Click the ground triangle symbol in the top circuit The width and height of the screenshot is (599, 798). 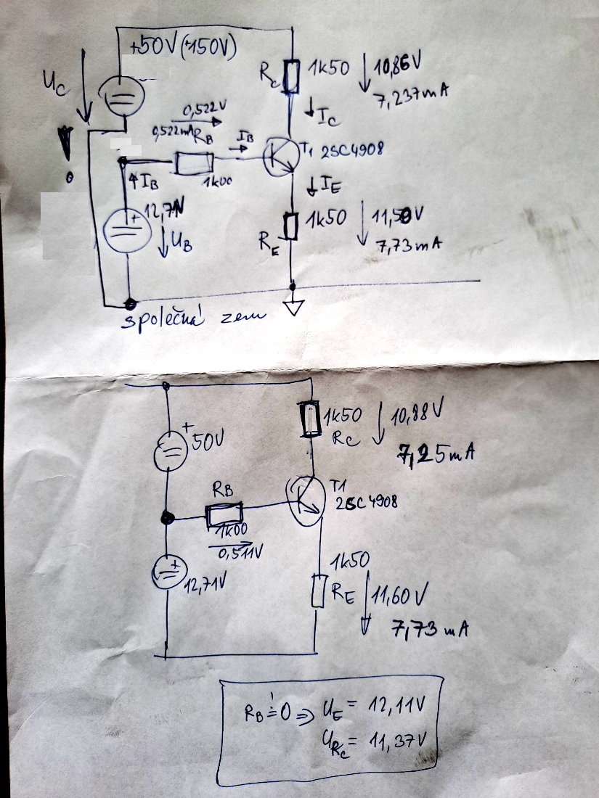coord(293,308)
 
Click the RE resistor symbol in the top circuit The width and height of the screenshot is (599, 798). coord(291,226)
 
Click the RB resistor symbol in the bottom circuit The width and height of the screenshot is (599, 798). coord(228,516)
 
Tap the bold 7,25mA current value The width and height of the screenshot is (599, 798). coord(436,454)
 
